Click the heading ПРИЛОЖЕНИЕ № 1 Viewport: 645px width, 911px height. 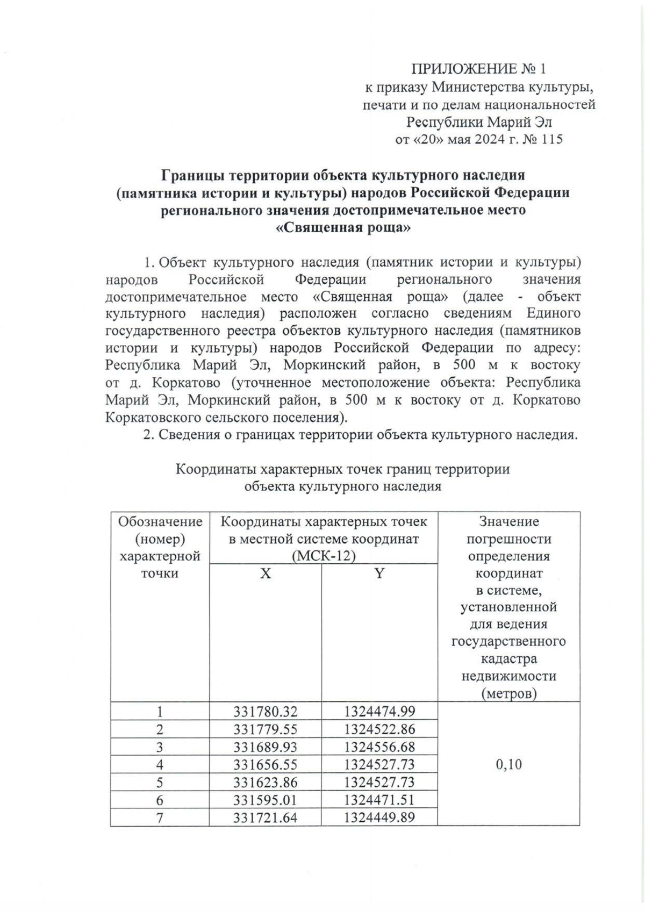coord(478,69)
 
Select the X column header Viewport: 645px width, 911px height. coord(266,573)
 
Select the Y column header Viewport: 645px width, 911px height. coord(379,573)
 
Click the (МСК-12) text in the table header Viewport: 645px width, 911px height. coord(324,556)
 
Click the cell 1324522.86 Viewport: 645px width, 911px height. coord(379,729)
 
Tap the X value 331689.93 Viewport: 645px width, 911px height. coord(266,747)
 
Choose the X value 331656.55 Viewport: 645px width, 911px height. coord(266,764)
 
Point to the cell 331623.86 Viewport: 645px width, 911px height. coord(266,782)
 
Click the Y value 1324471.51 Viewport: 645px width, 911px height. coord(379,800)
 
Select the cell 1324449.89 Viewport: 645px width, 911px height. coord(379,817)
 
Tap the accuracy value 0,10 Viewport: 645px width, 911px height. coord(508,764)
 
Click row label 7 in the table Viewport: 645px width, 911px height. coord(160,817)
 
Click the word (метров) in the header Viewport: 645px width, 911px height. coord(508,694)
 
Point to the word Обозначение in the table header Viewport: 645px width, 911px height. coord(160,521)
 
